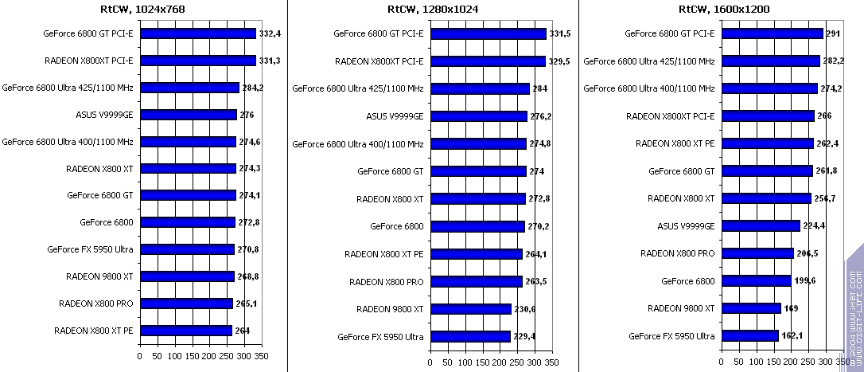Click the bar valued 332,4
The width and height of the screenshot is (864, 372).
198,33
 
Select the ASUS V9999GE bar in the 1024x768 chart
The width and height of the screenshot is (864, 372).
189,115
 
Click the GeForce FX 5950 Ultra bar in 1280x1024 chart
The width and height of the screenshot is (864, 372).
470,336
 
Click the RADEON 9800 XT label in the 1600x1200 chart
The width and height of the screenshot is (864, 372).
681,308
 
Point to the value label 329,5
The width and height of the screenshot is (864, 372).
560,61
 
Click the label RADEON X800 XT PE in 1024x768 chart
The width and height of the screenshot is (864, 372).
93,331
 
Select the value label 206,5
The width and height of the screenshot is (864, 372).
808,254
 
